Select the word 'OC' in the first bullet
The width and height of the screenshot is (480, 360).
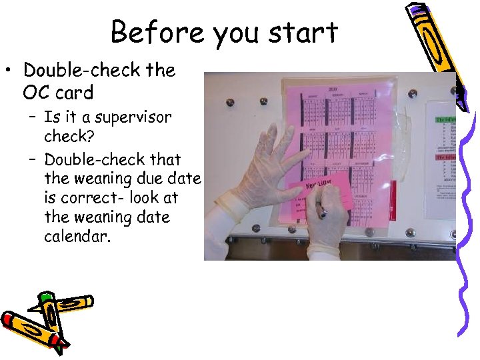pos(35,92)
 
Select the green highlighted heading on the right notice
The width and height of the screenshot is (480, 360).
pos(445,119)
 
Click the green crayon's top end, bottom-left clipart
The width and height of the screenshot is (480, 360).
pos(45,298)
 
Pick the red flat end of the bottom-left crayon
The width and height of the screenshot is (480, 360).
pos(9,319)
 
